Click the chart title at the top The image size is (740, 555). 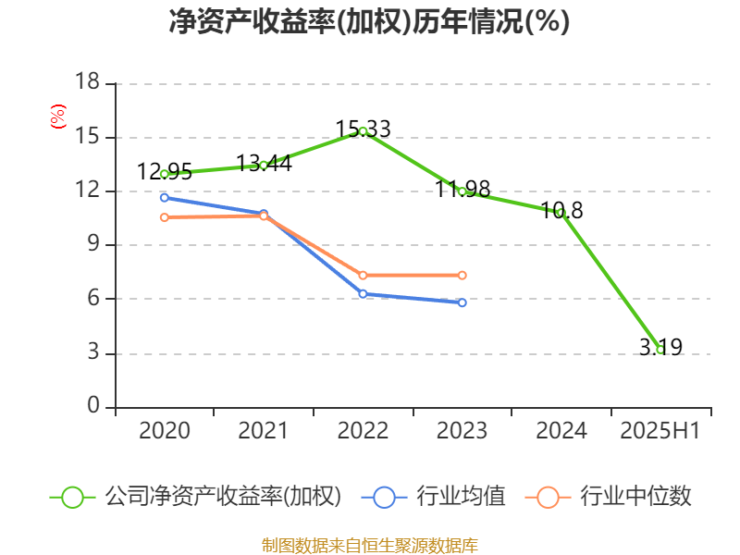[x=369, y=22]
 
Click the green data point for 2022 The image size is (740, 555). [x=363, y=131]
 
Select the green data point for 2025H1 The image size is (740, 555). [x=660, y=350]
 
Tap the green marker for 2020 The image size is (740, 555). [x=165, y=174]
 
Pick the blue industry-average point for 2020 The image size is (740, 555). [x=165, y=197]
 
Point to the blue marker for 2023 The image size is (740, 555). [x=462, y=302]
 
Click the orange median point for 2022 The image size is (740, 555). [x=363, y=275]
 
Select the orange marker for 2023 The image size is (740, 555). [x=462, y=275]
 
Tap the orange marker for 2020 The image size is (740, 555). [x=165, y=217]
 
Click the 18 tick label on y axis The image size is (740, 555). [x=87, y=83]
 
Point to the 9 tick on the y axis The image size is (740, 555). [x=93, y=245]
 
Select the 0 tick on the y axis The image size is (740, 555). [x=93, y=407]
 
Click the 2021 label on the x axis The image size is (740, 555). [x=264, y=431]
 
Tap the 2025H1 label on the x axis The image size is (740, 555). [x=660, y=431]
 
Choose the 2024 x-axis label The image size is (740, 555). [x=561, y=431]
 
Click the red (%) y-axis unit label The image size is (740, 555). [x=58, y=117]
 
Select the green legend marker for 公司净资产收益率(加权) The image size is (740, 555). [x=73, y=497]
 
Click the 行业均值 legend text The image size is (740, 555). [x=461, y=497]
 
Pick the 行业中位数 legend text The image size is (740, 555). [x=635, y=497]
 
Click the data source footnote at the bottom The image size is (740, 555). [x=369, y=545]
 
